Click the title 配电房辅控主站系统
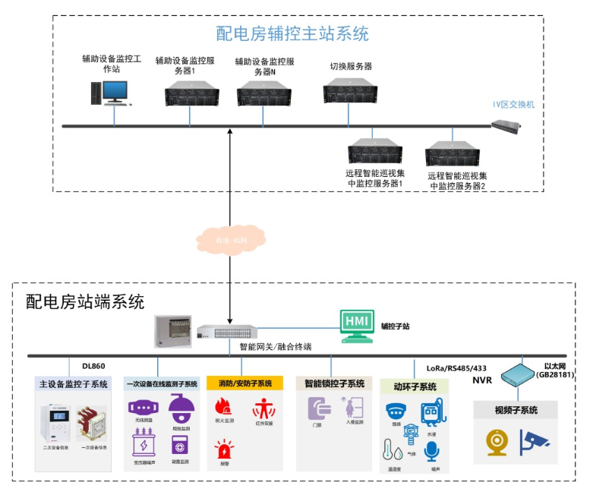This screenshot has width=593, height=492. (292, 34)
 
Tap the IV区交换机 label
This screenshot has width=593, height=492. (513, 105)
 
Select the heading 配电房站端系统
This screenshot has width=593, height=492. (84, 301)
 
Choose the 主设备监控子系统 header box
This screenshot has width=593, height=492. (73, 384)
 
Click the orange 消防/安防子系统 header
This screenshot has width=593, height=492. (244, 383)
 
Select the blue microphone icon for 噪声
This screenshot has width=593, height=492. (431, 451)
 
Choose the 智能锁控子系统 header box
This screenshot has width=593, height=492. (334, 383)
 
